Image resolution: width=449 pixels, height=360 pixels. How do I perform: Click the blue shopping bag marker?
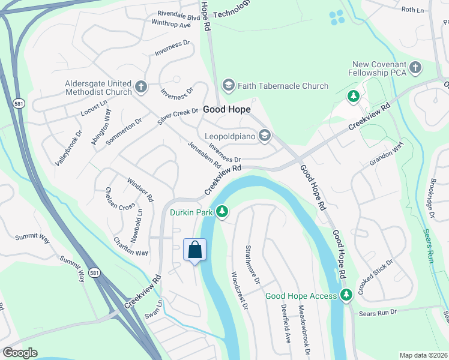195,249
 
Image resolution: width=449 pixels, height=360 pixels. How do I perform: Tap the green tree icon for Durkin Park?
222,211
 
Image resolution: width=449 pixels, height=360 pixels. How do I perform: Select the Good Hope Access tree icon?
346,295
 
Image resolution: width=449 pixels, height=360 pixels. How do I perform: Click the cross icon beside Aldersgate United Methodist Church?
141,86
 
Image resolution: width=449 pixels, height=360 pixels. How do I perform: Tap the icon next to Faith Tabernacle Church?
228,86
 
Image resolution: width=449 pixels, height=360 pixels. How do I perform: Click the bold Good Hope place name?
226,110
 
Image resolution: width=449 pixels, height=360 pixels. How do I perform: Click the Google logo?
20,353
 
